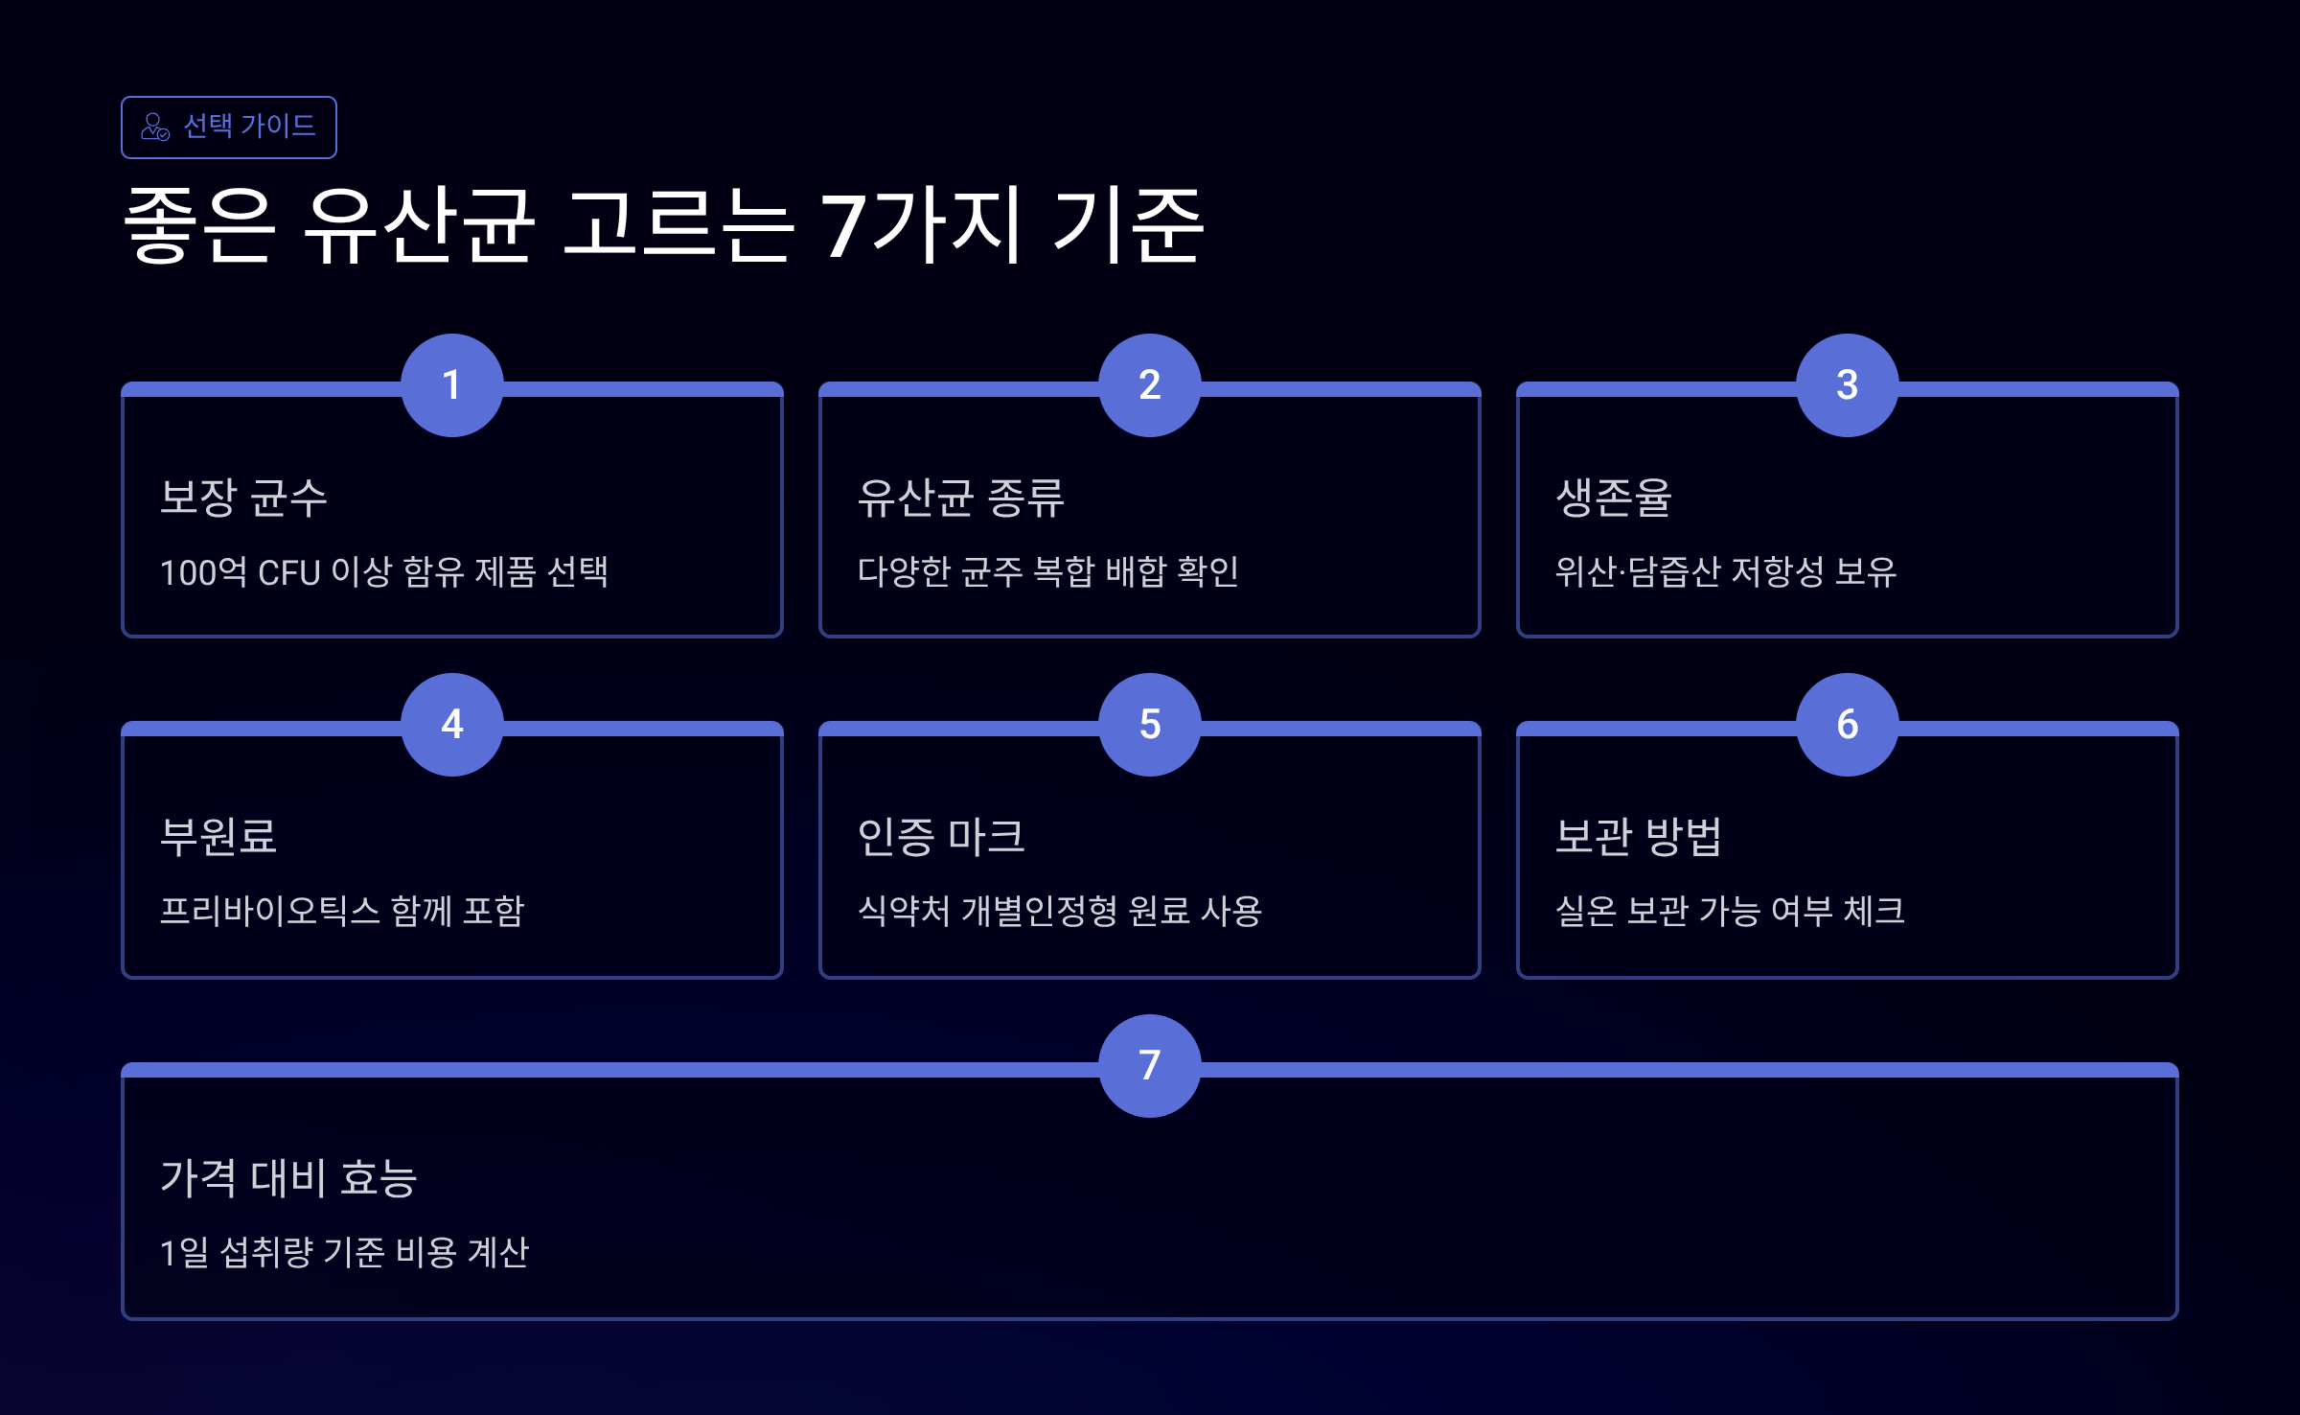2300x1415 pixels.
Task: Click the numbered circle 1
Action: click(x=452, y=385)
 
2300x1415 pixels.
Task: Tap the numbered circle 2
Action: click(x=1150, y=385)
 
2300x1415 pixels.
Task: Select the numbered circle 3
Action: click(x=1848, y=385)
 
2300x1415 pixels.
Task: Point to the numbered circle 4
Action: click(x=452, y=725)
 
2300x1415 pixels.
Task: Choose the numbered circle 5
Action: click(x=1150, y=725)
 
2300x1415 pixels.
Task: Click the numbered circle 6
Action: click(x=1848, y=725)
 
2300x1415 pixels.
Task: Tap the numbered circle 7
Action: click(x=1150, y=1066)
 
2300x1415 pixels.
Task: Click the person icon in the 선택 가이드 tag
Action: click(x=155, y=127)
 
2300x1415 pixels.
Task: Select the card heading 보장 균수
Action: click(x=243, y=499)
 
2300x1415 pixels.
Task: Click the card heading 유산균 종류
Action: click(x=960, y=499)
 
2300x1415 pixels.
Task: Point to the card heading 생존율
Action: click(x=1614, y=499)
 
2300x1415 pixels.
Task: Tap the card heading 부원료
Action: click(x=218, y=837)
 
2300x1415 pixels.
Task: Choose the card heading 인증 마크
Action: click(x=941, y=837)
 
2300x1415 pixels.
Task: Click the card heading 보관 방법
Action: click(x=1639, y=837)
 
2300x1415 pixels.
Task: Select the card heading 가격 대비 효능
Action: click(x=288, y=1178)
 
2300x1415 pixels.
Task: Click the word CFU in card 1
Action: click(x=288, y=573)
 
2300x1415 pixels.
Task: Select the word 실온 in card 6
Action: click(x=1585, y=911)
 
